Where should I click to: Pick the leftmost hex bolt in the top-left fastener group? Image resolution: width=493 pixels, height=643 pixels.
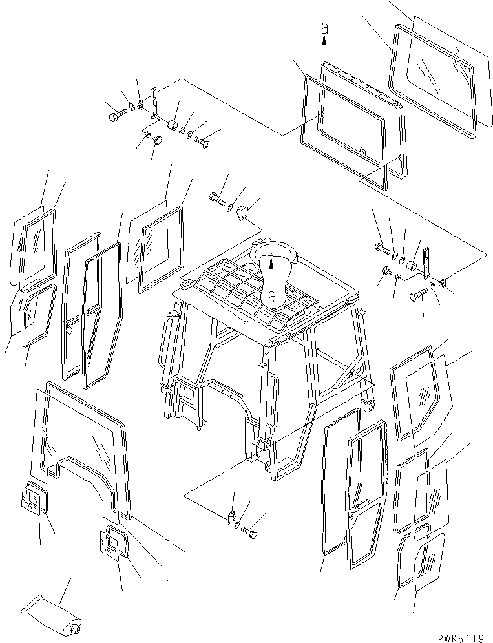pos(114,117)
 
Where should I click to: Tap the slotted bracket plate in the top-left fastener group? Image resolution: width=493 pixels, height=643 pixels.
pos(154,102)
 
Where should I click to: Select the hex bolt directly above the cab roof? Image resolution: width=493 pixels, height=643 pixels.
pos(216,198)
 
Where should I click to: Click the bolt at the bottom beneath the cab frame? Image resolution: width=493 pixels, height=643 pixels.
pos(249,532)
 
